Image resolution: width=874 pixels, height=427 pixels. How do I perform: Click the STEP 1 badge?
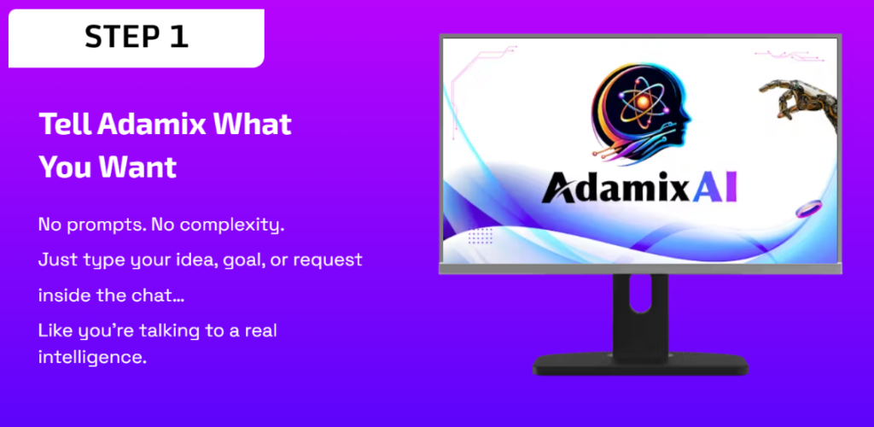136,38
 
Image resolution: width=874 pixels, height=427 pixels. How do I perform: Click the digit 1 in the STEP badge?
179,37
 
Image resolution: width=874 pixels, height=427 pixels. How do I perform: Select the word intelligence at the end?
92,357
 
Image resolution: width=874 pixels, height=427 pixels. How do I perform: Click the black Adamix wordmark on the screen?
616,189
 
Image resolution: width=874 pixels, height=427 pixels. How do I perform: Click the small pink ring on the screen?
809,208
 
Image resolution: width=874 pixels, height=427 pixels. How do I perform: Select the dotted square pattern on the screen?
480,235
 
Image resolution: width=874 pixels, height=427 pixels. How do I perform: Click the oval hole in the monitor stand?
640,295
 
